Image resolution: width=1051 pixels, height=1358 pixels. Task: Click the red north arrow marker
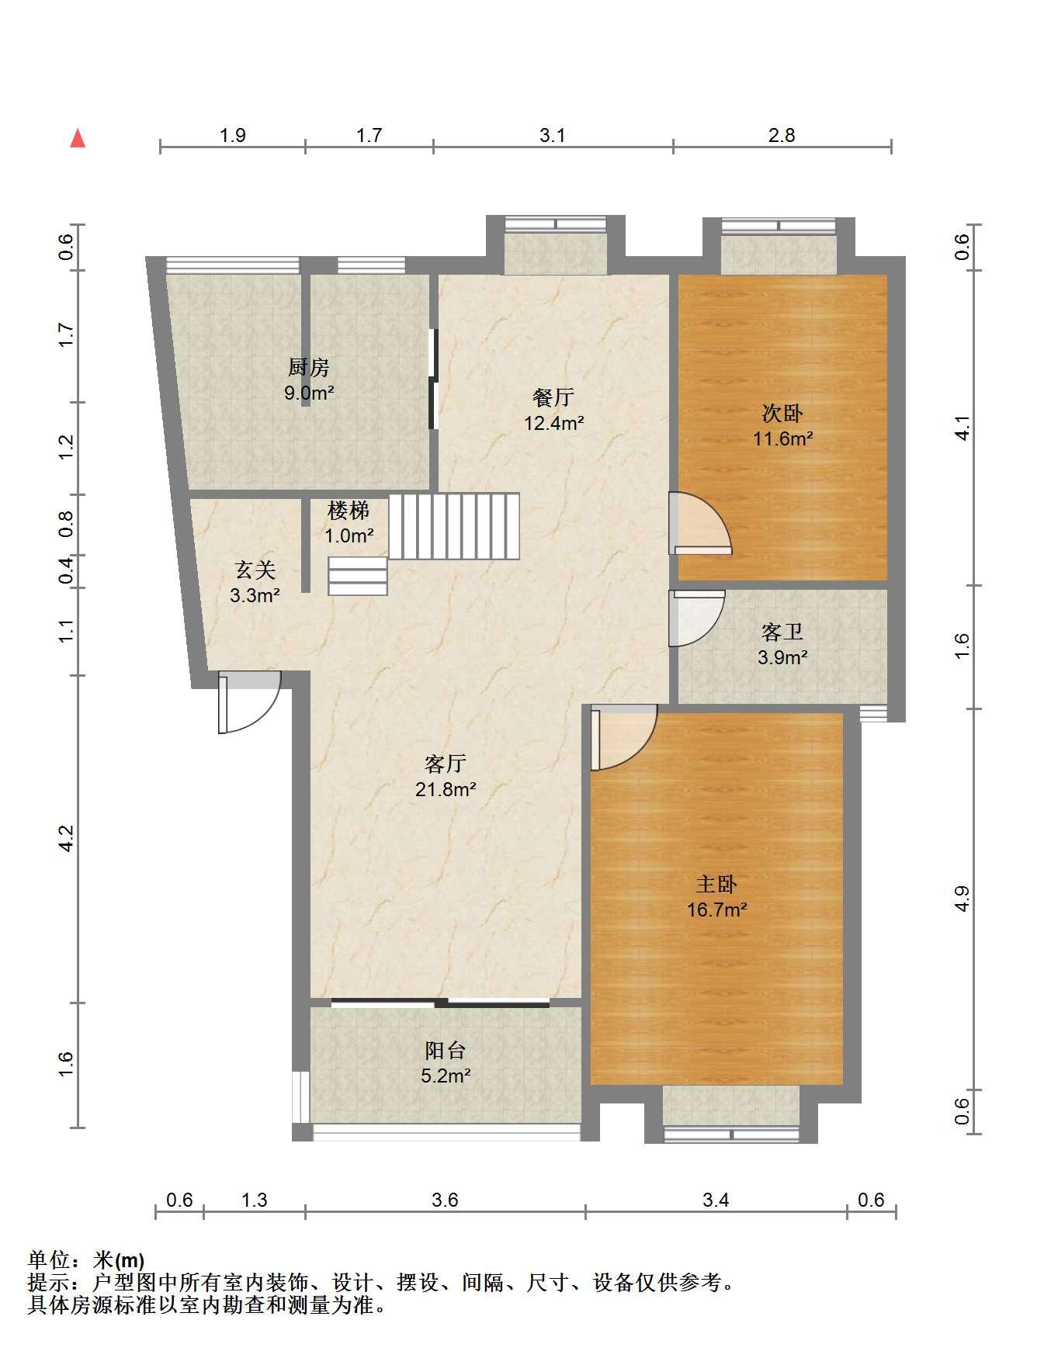click(78, 138)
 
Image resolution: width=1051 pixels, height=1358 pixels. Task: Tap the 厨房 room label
click(308, 367)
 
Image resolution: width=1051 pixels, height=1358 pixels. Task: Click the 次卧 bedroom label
click(782, 413)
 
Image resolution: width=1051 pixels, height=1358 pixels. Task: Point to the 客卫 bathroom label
click(782, 632)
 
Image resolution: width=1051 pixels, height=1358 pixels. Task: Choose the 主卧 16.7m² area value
click(716, 909)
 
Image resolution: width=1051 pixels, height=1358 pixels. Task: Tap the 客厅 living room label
click(446, 764)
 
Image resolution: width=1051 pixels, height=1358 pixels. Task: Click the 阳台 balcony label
click(446, 1051)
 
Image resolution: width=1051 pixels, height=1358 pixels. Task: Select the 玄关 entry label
click(255, 570)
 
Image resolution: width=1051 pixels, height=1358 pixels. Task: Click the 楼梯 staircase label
click(349, 511)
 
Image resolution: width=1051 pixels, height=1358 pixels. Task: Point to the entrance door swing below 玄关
click(248, 702)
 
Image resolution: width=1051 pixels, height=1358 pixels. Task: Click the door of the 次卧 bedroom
click(700, 524)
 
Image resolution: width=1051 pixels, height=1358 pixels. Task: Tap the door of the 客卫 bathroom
click(696, 618)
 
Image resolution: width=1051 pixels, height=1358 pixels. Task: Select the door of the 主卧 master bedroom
click(623, 737)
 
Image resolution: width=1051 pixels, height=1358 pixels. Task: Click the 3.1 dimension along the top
click(553, 135)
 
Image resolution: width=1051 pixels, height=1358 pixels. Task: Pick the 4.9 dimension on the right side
click(962, 899)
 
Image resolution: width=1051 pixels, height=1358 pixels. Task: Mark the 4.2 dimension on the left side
click(66, 838)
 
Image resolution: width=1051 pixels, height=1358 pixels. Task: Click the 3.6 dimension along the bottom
click(446, 1200)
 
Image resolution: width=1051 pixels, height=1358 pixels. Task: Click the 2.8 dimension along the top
click(782, 135)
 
